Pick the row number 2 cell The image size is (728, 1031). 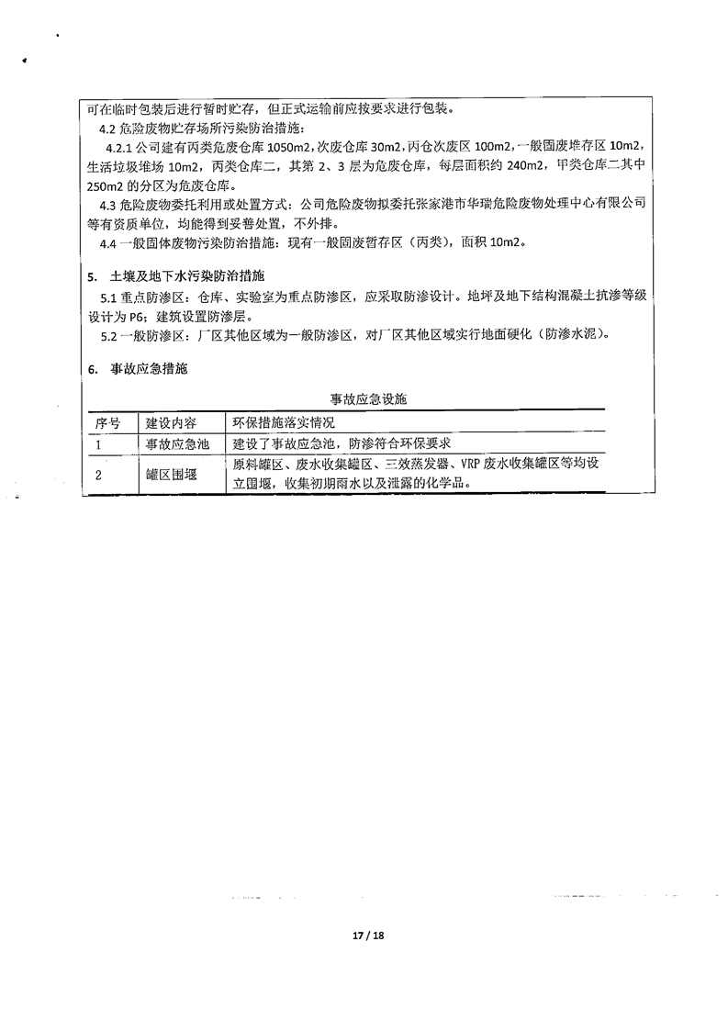(x=98, y=474)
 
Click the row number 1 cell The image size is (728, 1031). (x=98, y=443)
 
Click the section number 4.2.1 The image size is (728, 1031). (x=119, y=147)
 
